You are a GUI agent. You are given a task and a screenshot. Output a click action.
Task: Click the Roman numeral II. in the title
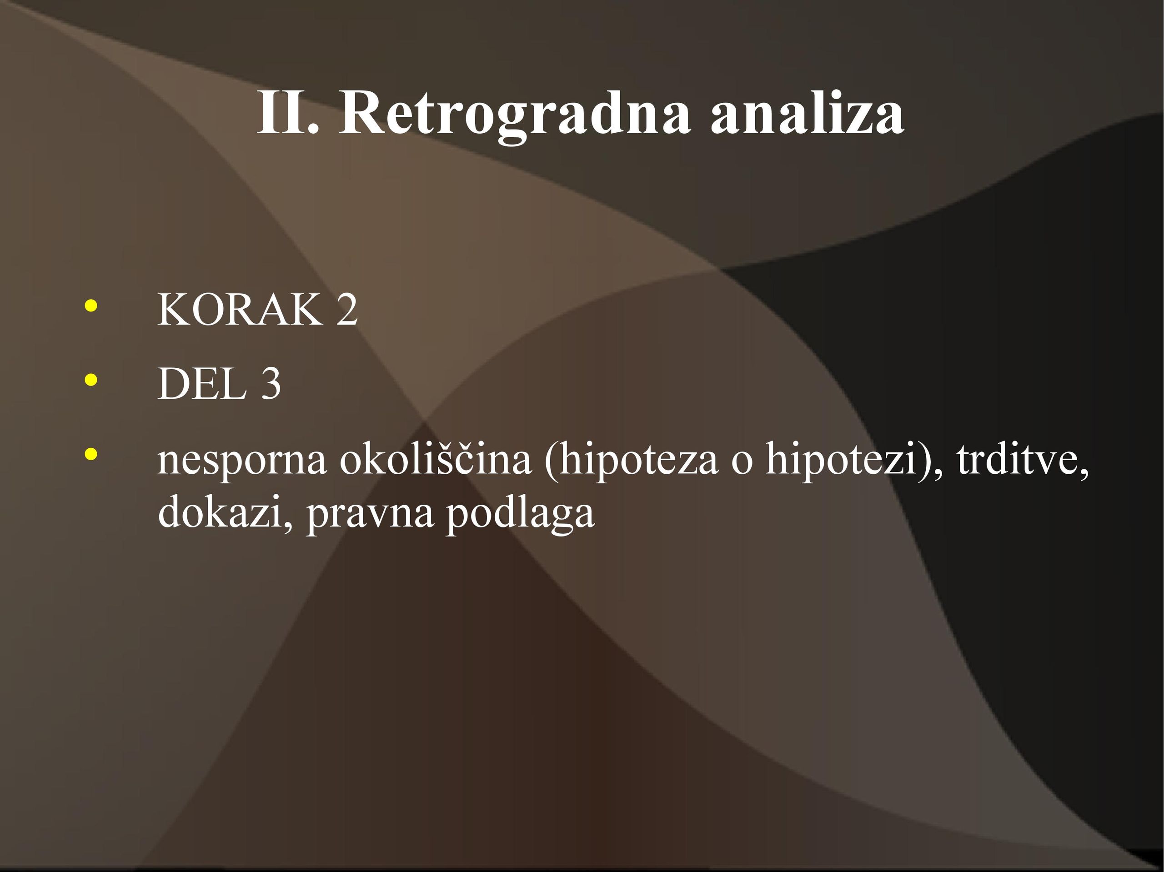point(288,114)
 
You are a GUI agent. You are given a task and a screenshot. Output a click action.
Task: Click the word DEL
point(202,384)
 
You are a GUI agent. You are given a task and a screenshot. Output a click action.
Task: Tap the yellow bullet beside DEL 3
point(90,380)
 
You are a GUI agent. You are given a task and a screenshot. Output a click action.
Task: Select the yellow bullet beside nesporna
point(90,454)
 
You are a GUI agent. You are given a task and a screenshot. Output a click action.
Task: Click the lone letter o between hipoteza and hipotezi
point(742,463)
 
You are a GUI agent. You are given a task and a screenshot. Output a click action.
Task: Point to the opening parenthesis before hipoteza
point(551,461)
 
